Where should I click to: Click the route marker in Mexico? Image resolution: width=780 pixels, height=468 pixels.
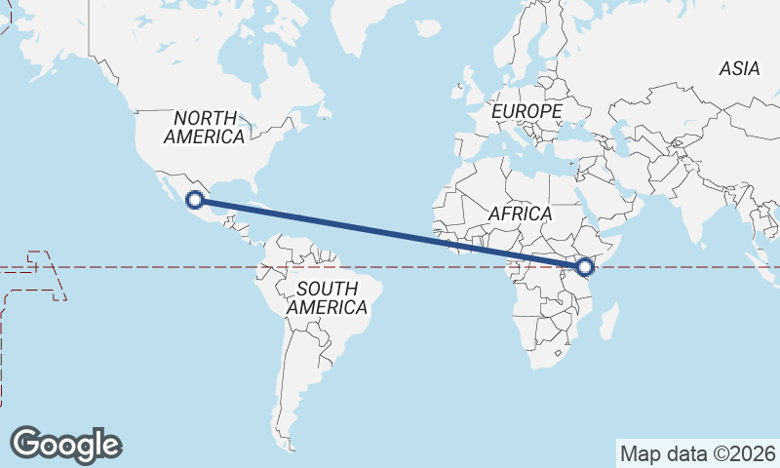click(195, 200)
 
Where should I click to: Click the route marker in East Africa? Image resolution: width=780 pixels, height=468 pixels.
click(585, 266)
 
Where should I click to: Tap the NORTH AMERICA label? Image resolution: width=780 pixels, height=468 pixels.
click(204, 128)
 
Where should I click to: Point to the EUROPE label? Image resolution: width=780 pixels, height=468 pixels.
click(526, 112)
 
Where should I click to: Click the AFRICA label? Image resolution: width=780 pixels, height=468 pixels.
click(521, 213)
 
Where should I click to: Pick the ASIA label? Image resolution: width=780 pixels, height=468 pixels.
click(739, 68)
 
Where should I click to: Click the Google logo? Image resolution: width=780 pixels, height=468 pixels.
click(65, 444)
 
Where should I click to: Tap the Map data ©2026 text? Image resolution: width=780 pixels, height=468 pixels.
click(698, 453)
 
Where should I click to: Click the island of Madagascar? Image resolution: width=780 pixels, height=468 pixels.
click(609, 323)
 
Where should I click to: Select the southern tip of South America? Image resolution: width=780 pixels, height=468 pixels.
click(289, 444)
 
